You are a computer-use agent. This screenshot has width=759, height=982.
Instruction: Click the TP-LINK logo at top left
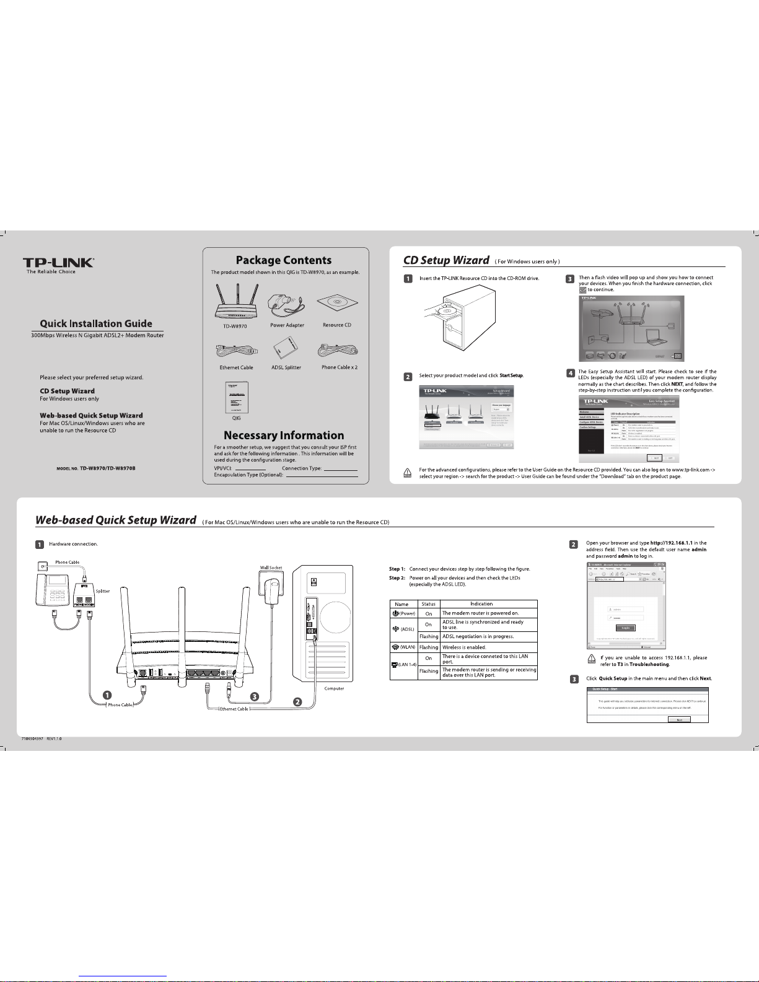(59, 263)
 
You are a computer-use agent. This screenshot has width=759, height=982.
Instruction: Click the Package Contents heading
(284, 260)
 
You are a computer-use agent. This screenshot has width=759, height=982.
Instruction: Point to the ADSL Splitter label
(286, 367)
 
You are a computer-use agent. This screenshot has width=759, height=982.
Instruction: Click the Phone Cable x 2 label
(340, 367)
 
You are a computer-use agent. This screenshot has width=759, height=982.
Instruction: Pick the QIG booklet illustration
(236, 397)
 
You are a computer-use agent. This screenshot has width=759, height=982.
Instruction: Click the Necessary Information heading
(284, 436)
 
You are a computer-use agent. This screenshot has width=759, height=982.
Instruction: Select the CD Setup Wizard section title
(446, 260)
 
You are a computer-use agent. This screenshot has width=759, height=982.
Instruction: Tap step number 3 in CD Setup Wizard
(570, 279)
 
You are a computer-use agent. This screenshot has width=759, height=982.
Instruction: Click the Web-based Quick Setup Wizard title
(116, 520)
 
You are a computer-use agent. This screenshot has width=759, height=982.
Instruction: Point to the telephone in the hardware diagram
(52, 589)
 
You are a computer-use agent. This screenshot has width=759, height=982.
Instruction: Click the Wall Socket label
(270, 568)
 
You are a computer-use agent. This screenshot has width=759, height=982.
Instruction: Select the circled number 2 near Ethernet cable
(297, 702)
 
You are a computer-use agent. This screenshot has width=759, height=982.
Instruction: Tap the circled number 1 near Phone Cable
(107, 695)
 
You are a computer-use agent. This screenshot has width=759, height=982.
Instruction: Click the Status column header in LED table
(428, 604)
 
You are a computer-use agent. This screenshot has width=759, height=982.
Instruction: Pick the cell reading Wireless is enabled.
(464, 647)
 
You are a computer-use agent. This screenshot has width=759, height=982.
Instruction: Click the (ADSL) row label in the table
(403, 629)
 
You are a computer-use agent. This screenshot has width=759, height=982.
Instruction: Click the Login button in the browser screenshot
(625, 628)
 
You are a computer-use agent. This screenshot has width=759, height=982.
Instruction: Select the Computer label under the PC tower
(334, 688)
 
